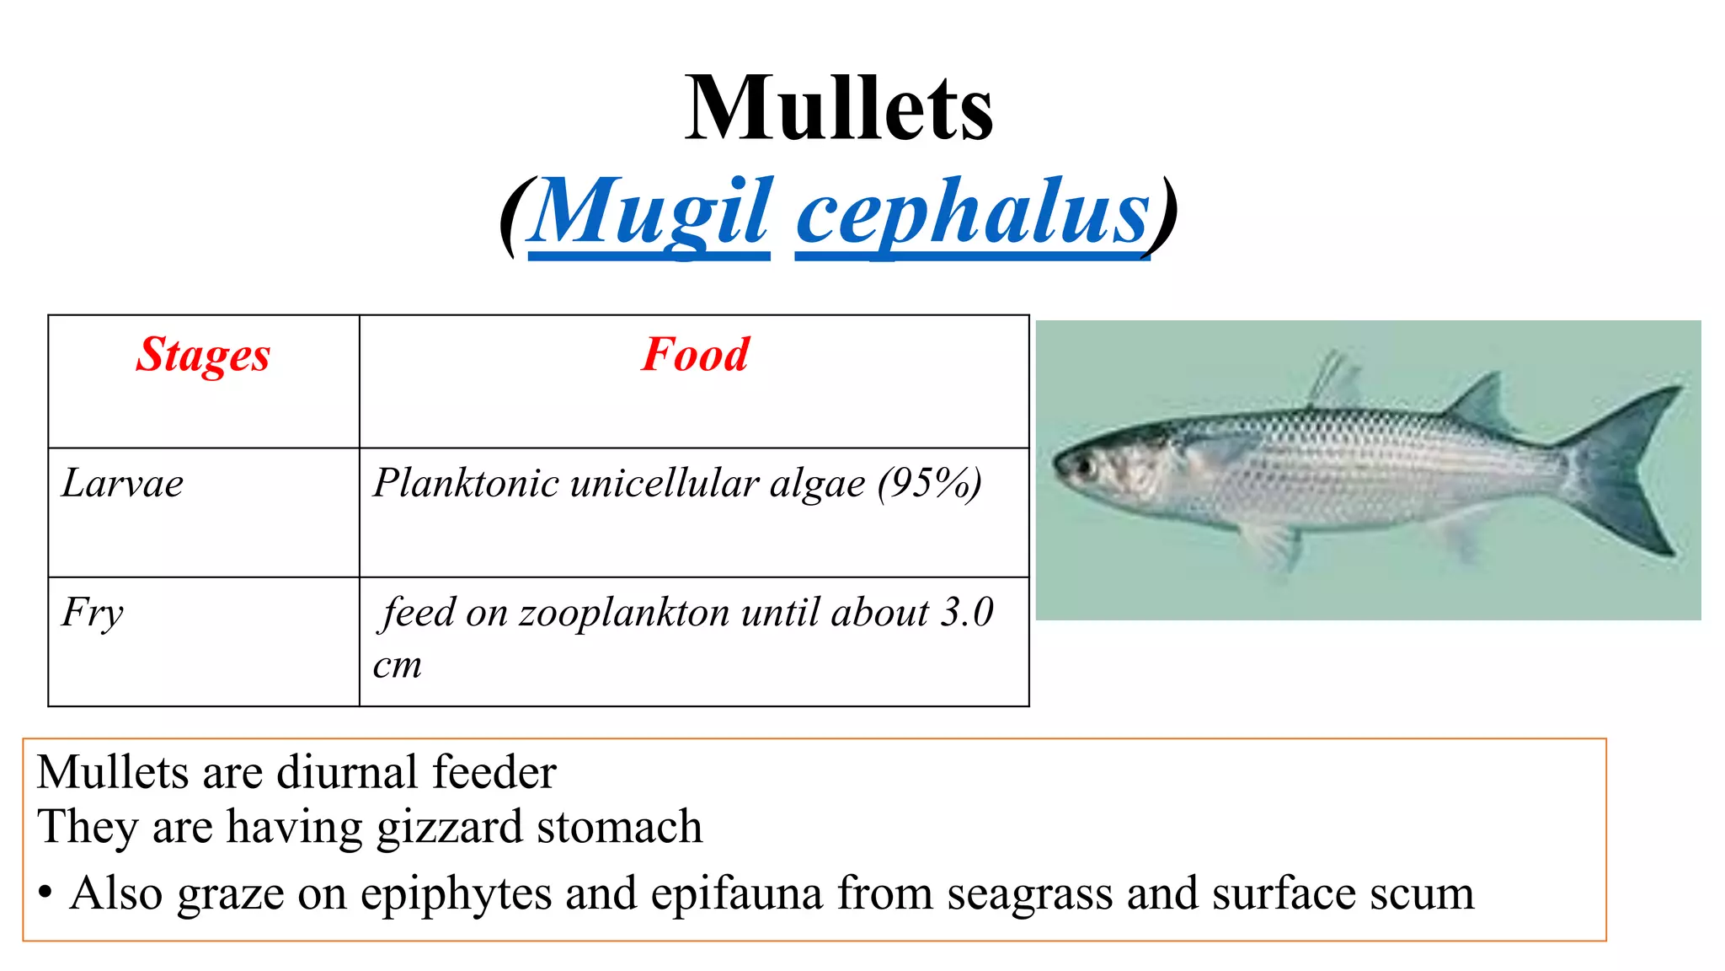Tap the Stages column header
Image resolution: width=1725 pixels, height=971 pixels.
[x=203, y=354]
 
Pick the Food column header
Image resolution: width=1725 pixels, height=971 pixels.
[x=694, y=354]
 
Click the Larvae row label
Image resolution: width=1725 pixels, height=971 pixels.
[x=123, y=484]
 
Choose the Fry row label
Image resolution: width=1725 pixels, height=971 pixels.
[x=93, y=613]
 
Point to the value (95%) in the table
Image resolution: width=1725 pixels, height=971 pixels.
[x=929, y=484]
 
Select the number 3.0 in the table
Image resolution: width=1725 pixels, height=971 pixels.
[x=968, y=613]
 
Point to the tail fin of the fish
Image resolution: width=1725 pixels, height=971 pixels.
[x=1630, y=472]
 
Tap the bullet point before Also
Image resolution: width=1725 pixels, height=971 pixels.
[x=45, y=893]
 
